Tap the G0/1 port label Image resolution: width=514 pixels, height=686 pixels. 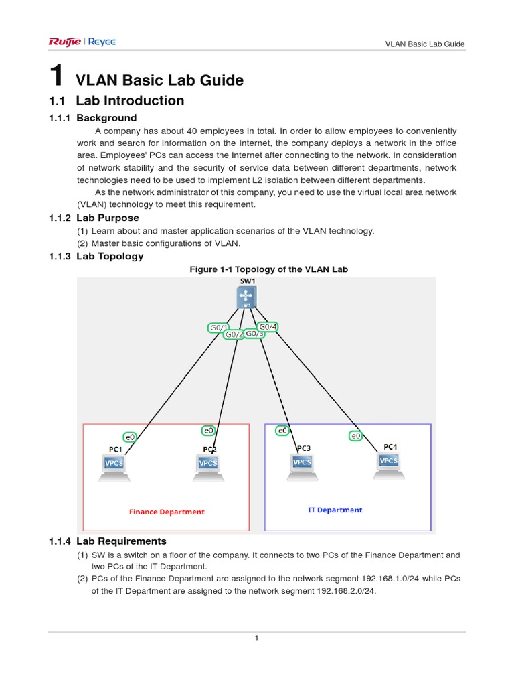pyautogui.click(x=218, y=328)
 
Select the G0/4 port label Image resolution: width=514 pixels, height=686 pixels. pyautogui.click(x=268, y=327)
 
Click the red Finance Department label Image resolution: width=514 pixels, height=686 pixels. pyautogui.click(x=167, y=512)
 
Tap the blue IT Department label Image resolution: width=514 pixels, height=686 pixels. pyautogui.click(x=335, y=510)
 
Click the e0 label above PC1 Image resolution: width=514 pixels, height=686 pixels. pyautogui.click(x=131, y=437)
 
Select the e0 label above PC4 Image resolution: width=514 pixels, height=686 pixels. pyautogui.click(x=355, y=436)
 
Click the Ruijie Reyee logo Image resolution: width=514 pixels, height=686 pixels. pyautogui.click(x=82, y=42)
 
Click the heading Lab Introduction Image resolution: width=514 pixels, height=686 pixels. pyautogui.click(x=130, y=101)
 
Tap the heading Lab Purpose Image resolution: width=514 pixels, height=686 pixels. pyautogui.click(x=108, y=218)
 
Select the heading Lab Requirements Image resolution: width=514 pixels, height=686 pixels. pyautogui.click(x=121, y=541)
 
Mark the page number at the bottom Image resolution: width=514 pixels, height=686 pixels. pyautogui.click(x=256, y=638)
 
